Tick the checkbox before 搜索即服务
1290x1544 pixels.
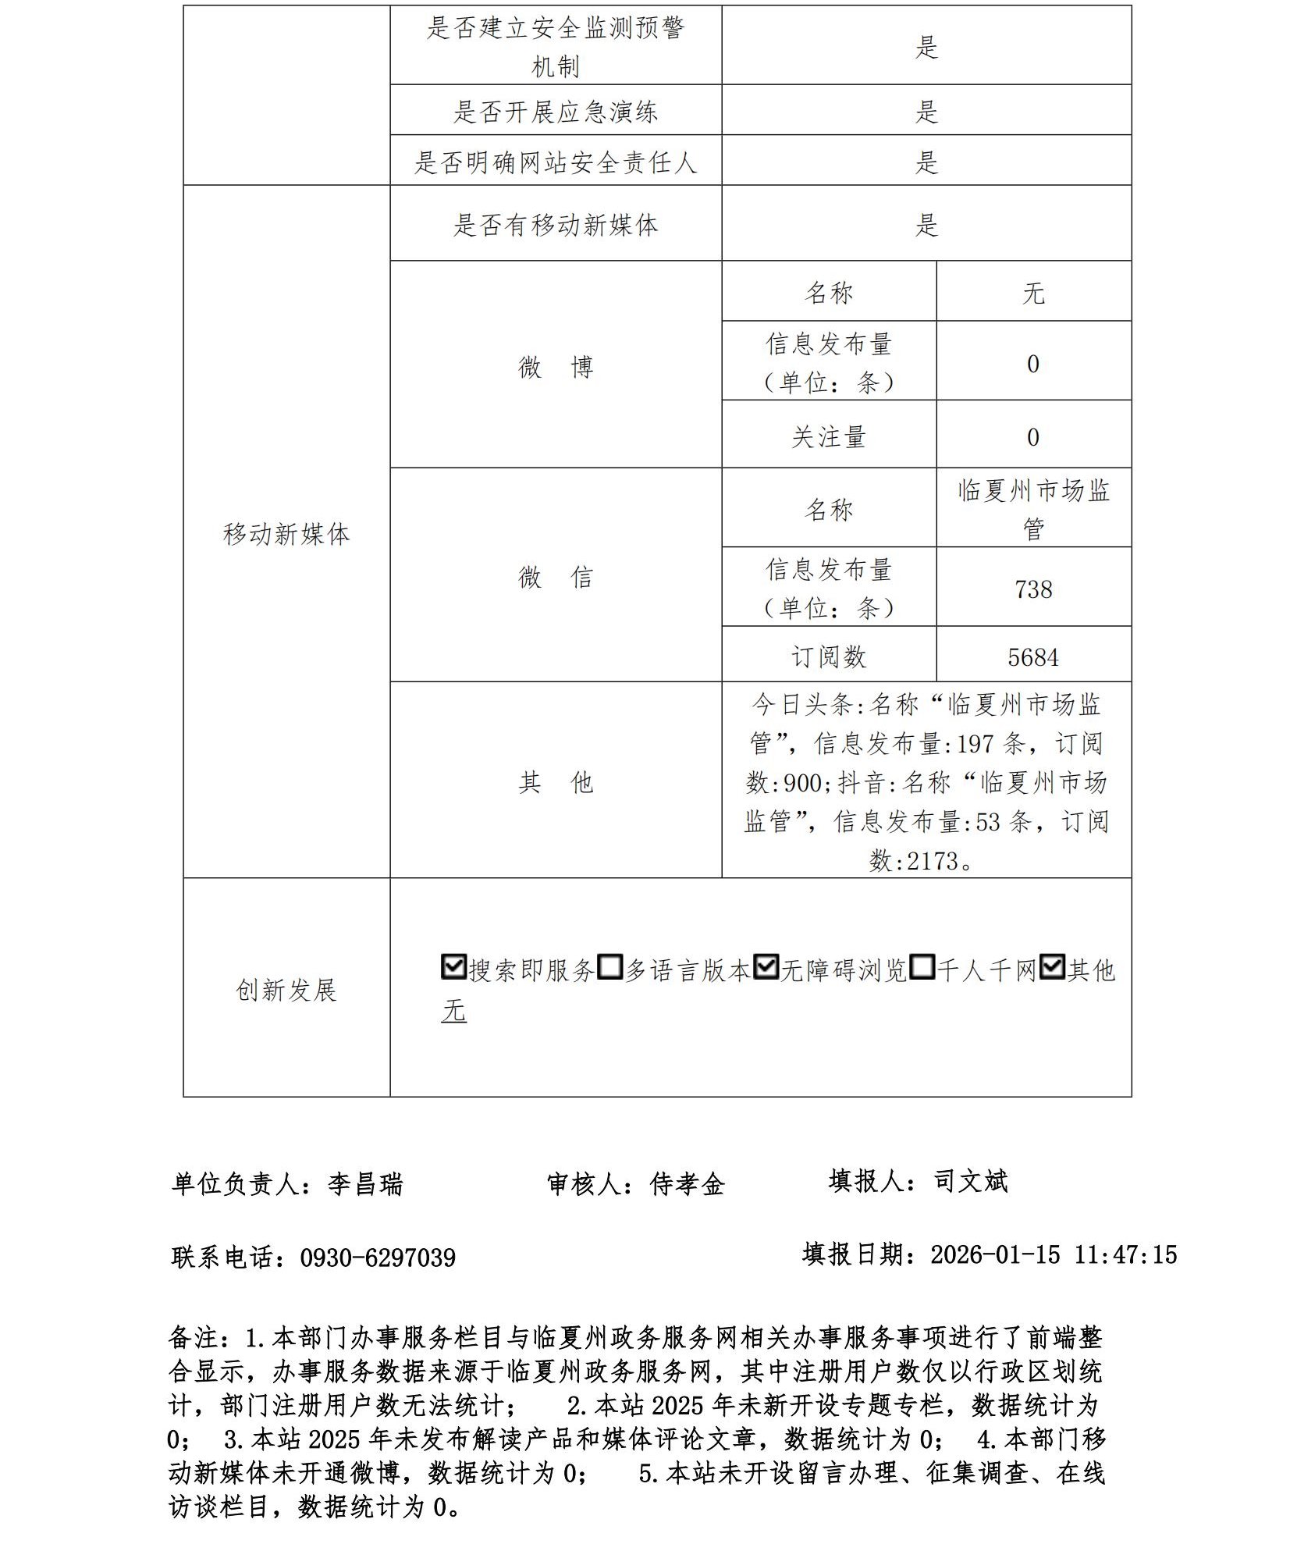click(x=453, y=967)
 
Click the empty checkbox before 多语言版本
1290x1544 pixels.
click(x=609, y=967)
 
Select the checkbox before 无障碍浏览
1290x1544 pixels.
click(x=766, y=967)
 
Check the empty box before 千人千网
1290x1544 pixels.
click(x=922, y=967)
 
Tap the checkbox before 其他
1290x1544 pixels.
click(x=1052, y=967)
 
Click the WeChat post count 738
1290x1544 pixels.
click(x=1033, y=589)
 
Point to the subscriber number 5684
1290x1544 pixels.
click(x=1033, y=657)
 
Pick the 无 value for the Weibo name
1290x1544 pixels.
click(x=1033, y=294)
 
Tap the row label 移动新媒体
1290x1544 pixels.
click(x=286, y=534)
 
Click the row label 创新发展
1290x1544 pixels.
click(x=286, y=990)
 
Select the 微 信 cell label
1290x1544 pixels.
click(x=556, y=577)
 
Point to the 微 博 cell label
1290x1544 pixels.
click(x=556, y=366)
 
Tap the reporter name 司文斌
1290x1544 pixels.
click(x=971, y=1181)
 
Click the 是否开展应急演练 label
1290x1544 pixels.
click(x=556, y=112)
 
